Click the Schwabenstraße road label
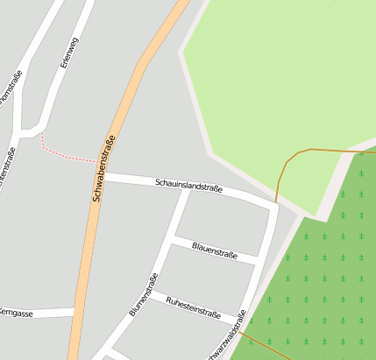point(104,168)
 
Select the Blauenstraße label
point(215,251)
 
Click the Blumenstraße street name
point(143,294)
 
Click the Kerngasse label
point(16,313)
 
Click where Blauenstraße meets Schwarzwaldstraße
point(257,261)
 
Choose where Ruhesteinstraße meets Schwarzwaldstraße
point(241,320)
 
